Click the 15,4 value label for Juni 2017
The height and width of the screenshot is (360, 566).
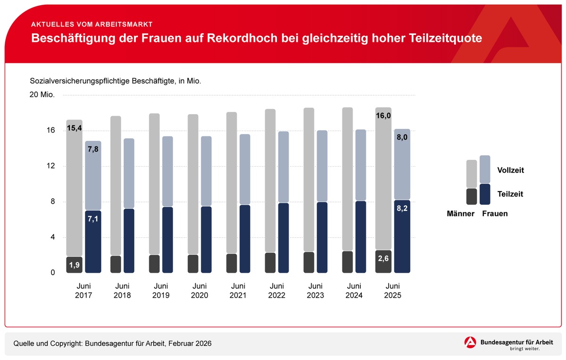pyautogui.click(x=75, y=128)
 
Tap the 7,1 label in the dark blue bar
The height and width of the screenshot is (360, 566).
pyautogui.click(x=93, y=219)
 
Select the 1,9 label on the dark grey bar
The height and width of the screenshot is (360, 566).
pyautogui.click(x=75, y=265)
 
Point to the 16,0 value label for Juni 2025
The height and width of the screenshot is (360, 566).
pyautogui.click(x=383, y=116)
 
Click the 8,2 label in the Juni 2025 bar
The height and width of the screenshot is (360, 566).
pyautogui.click(x=402, y=208)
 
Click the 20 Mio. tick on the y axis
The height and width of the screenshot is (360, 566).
pyautogui.click(x=42, y=95)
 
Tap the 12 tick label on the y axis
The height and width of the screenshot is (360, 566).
pyautogui.click(x=50, y=166)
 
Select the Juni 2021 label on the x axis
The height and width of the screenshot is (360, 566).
pyautogui.click(x=238, y=291)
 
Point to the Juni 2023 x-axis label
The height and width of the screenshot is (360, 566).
pyautogui.click(x=315, y=291)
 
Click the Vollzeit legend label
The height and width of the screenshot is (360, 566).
pyautogui.click(x=510, y=170)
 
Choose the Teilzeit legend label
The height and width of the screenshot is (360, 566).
pyautogui.click(x=510, y=194)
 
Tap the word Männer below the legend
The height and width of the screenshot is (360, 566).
pyautogui.click(x=460, y=214)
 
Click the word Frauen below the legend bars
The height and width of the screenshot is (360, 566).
pyautogui.click(x=495, y=214)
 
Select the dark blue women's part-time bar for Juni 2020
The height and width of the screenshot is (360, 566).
pyautogui.click(x=206, y=240)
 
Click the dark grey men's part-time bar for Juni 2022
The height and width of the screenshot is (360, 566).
pyautogui.click(x=270, y=263)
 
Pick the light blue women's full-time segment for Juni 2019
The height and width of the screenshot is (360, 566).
pyautogui.click(x=167, y=171)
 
